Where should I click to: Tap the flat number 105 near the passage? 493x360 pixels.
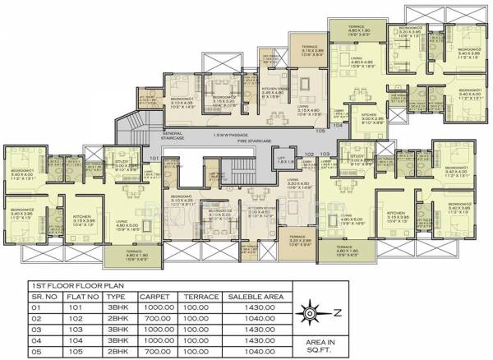point(320,130)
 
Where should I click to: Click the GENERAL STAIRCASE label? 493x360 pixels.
point(173,136)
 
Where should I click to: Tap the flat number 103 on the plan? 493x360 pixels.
point(325,154)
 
